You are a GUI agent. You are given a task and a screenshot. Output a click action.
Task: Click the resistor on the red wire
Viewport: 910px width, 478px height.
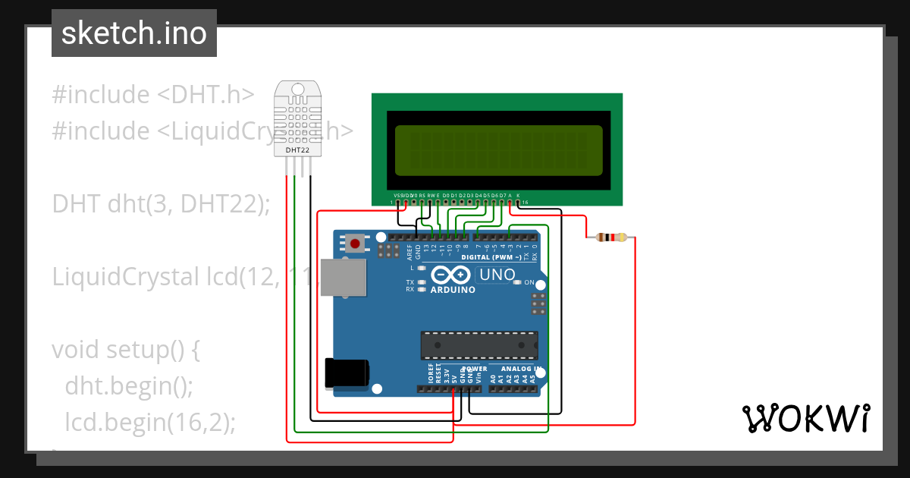pos(611,237)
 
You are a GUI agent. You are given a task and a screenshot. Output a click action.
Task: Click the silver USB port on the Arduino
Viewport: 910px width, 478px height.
pos(342,277)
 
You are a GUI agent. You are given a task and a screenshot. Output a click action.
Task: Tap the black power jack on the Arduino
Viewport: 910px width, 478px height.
pos(347,373)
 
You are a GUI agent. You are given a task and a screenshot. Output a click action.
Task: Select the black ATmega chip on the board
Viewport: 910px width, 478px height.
pos(479,344)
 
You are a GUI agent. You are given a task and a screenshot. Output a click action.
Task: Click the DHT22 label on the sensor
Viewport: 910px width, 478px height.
pos(297,150)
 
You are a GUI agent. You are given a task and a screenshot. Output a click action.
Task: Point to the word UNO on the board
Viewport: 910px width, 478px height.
pos(497,275)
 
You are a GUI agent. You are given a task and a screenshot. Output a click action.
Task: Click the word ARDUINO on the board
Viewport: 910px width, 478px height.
pos(453,290)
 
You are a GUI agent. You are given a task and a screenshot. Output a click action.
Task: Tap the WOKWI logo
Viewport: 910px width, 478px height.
pos(805,418)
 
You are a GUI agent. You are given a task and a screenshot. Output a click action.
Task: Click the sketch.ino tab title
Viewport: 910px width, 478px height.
pos(134,33)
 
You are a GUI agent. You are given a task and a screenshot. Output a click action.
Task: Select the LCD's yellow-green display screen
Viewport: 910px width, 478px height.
pos(497,149)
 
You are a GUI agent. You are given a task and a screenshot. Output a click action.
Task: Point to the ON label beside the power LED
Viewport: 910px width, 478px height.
pos(529,282)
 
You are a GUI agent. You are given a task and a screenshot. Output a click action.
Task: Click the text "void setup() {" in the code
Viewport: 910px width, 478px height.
pos(125,350)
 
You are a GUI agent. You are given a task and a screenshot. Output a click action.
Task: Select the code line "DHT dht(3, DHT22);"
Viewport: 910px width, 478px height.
pos(161,204)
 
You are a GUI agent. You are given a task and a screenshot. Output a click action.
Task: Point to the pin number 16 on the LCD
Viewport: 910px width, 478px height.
pos(525,203)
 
